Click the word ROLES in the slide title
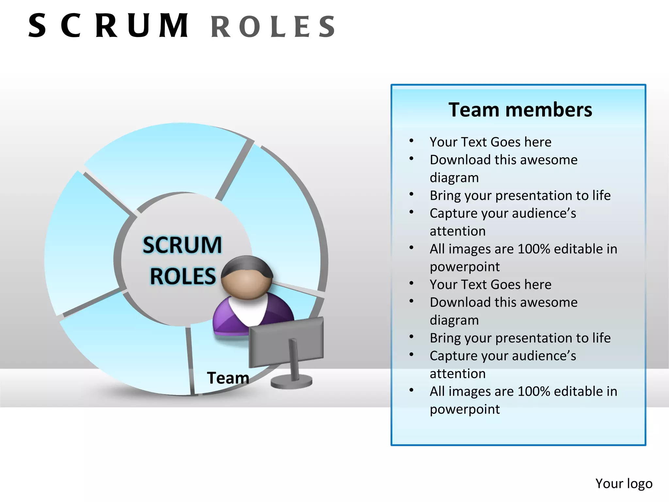pyautogui.click(x=273, y=27)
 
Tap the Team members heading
pyautogui.click(x=520, y=110)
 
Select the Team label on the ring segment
pyautogui.click(x=228, y=378)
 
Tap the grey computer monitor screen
pyautogui.click(x=286, y=341)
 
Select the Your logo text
pyautogui.click(x=624, y=483)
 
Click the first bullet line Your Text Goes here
pyautogui.click(x=490, y=142)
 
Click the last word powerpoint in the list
pyautogui.click(x=465, y=409)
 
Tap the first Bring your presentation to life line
pyautogui.click(x=520, y=195)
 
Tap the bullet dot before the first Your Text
pyautogui.click(x=411, y=141)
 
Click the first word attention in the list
pyautogui.click(x=457, y=231)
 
